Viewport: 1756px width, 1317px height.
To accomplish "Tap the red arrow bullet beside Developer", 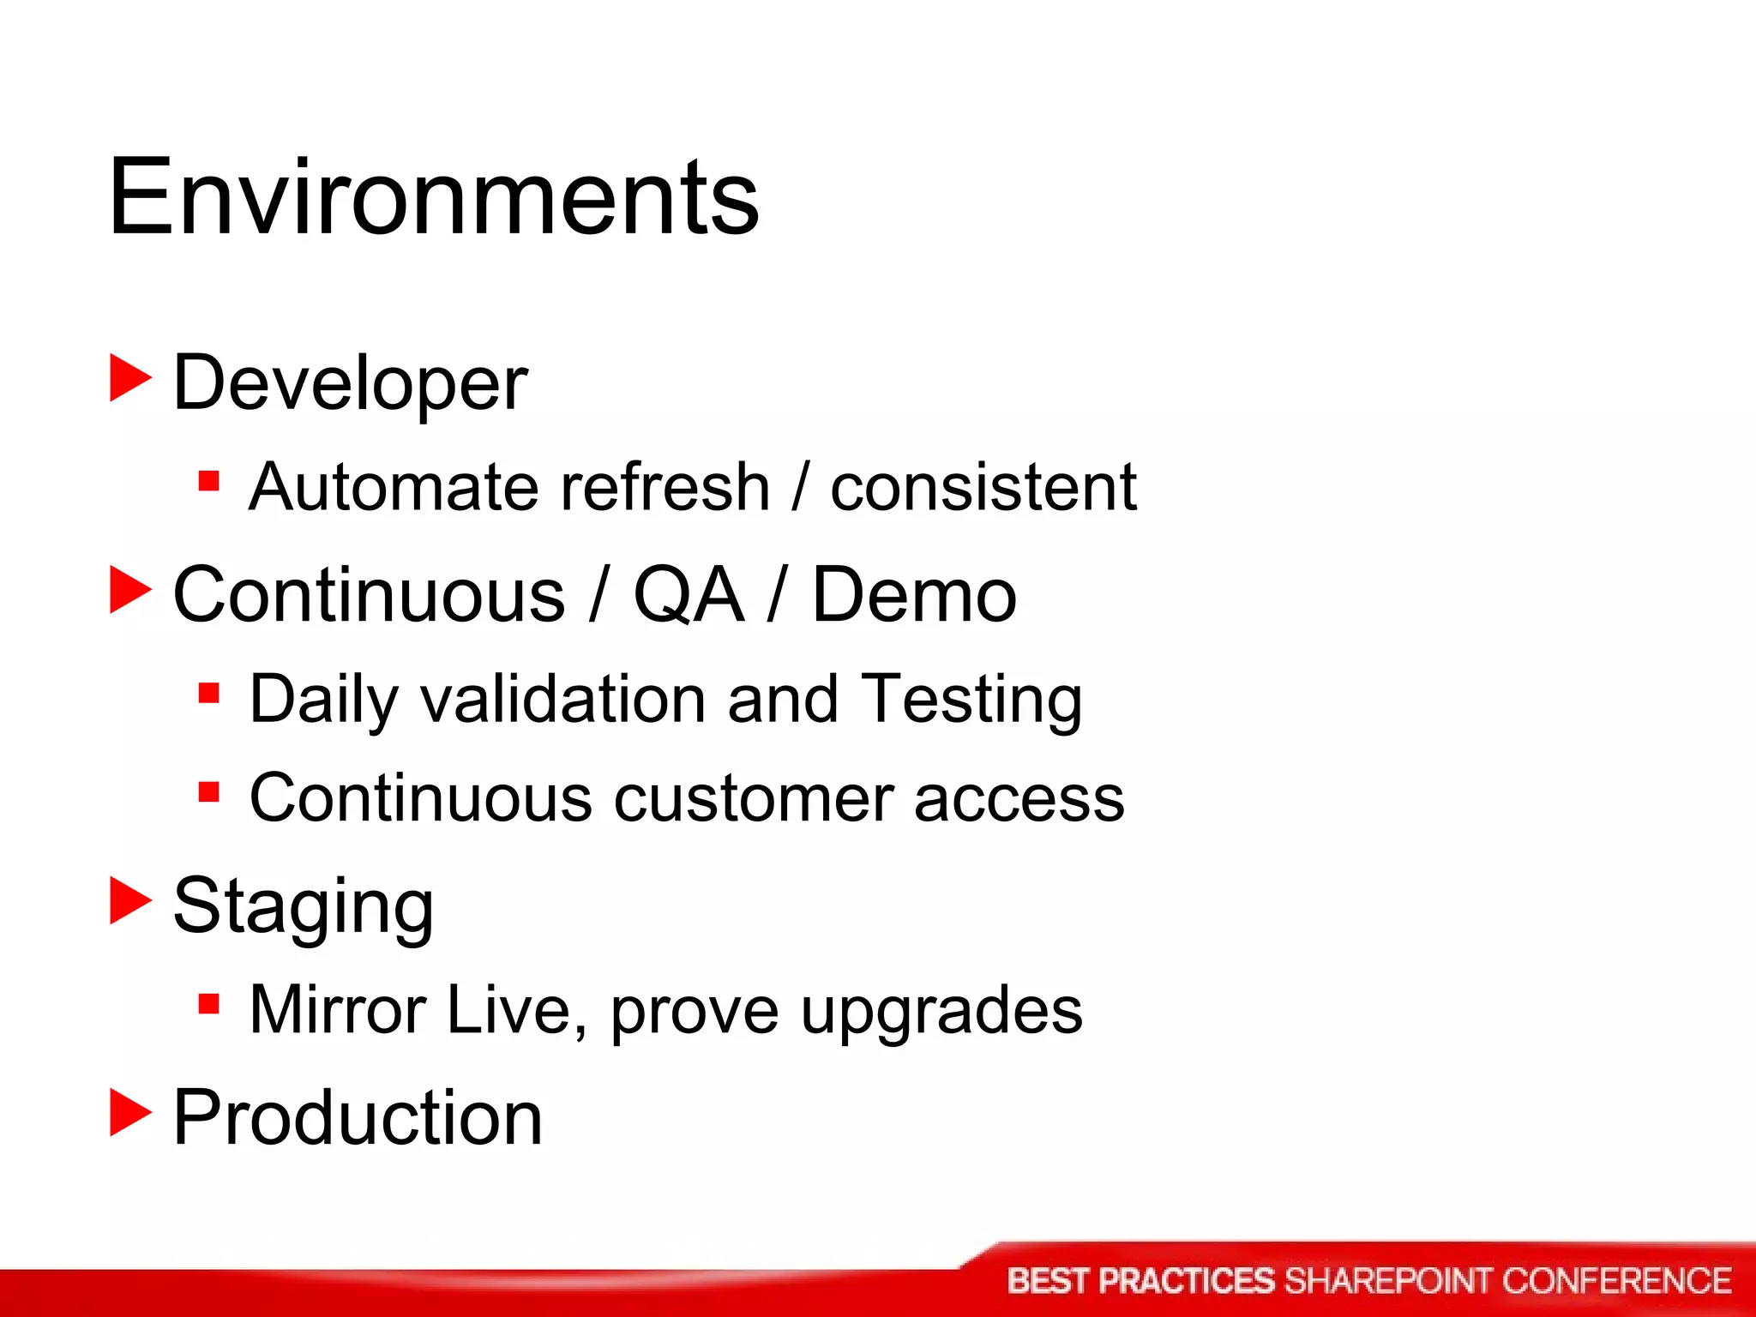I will tap(130, 378).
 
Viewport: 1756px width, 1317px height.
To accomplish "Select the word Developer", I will tap(350, 383).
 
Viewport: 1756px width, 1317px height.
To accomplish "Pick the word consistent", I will tap(983, 487).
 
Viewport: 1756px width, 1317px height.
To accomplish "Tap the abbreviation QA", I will tap(688, 594).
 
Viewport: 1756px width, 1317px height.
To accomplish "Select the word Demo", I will tap(914, 594).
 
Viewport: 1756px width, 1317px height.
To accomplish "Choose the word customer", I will tap(751, 798).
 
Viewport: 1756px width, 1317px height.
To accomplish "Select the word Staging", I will tap(303, 907).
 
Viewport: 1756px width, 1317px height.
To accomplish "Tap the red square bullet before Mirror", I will tap(208, 1002).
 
